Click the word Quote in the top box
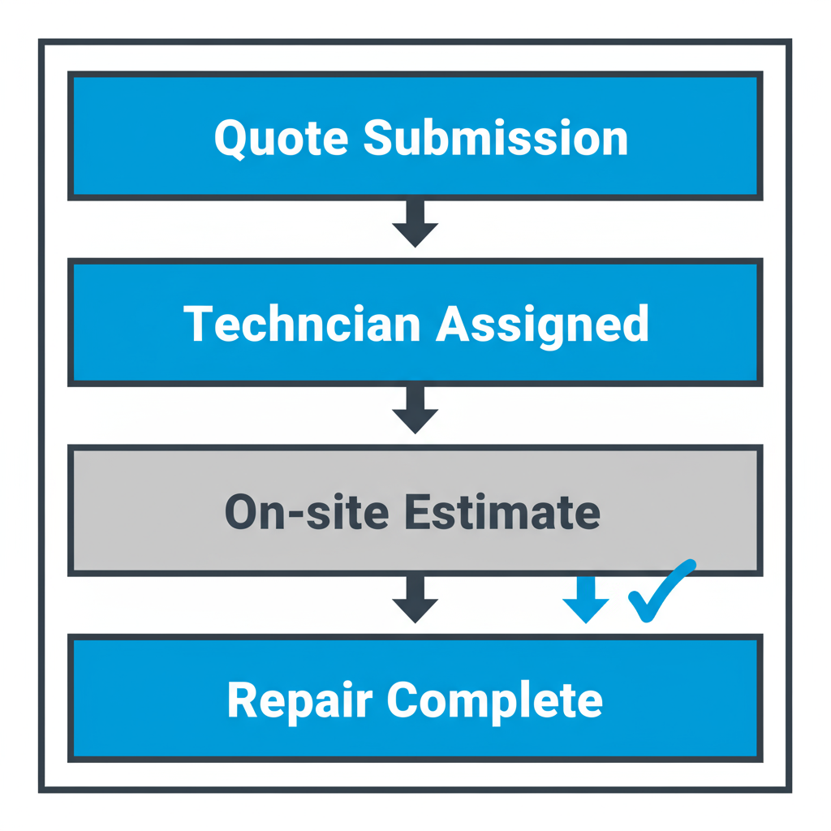(x=281, y=138)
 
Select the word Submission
(x=495, y=138)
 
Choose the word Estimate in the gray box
(x=502, y=511)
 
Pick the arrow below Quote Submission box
(x=415, y=222)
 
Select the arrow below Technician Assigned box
(x=415, y=409)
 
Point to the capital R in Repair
(x=240, y=700)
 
